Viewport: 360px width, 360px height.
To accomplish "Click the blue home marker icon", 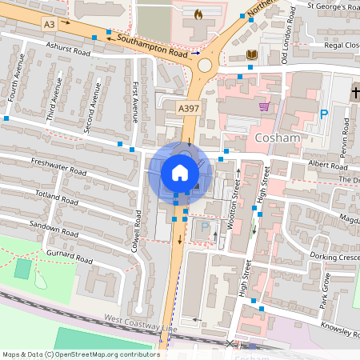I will click(x=180, y=172).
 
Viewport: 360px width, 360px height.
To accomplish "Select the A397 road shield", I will click(x=188, y=108).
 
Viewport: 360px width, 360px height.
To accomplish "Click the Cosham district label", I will click(x=276, y=138).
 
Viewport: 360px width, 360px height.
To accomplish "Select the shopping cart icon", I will click(x=264, y=106).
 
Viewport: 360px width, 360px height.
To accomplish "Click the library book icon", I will click(x=252, y=54).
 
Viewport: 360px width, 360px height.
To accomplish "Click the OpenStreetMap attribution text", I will click(x=80, y=354).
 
